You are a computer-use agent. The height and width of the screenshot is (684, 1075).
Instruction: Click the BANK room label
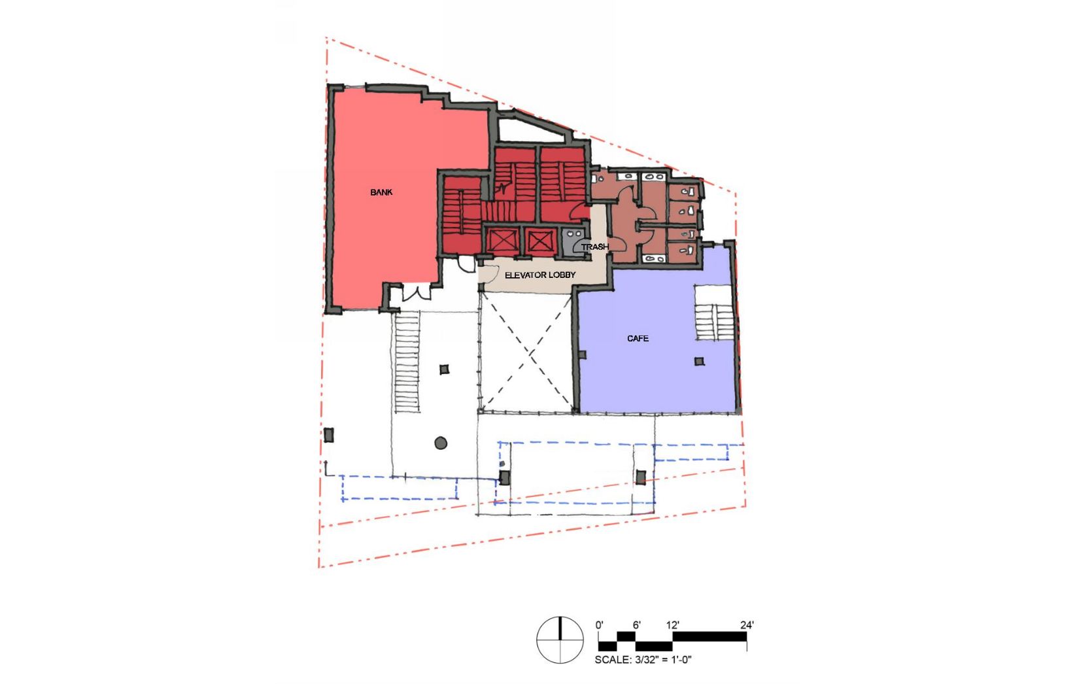[x=381, y=192]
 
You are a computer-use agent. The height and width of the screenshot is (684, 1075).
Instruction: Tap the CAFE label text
[x=638, y=338]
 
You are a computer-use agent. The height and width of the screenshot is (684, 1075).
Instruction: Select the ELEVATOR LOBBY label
[x=540, y=275]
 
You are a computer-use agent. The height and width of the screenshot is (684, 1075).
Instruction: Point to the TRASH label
[x=594, y=247]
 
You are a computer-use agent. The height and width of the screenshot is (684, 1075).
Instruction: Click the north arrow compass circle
[x=560, y=640]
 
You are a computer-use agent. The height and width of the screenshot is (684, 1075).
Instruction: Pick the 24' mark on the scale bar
[x=747, y=625]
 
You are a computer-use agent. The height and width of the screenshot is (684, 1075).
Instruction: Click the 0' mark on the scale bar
[x=600, y=625]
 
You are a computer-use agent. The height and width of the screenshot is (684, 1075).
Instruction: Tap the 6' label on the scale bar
[x=636, y=625]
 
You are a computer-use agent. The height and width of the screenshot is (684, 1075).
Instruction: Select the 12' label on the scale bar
[x=672, y=625]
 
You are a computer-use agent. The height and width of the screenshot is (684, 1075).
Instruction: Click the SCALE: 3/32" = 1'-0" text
[x=643, y=660]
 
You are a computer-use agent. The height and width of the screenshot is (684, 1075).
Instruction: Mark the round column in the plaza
[x=441, y=443]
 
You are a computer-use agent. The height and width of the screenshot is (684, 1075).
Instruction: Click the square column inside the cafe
[x=699, y=362]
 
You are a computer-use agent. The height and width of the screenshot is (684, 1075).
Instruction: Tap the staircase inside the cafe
[x=713, y=313]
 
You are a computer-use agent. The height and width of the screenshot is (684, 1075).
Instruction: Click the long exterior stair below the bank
[x=407, y=362]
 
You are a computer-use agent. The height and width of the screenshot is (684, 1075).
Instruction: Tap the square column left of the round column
[x=329, y=436]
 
